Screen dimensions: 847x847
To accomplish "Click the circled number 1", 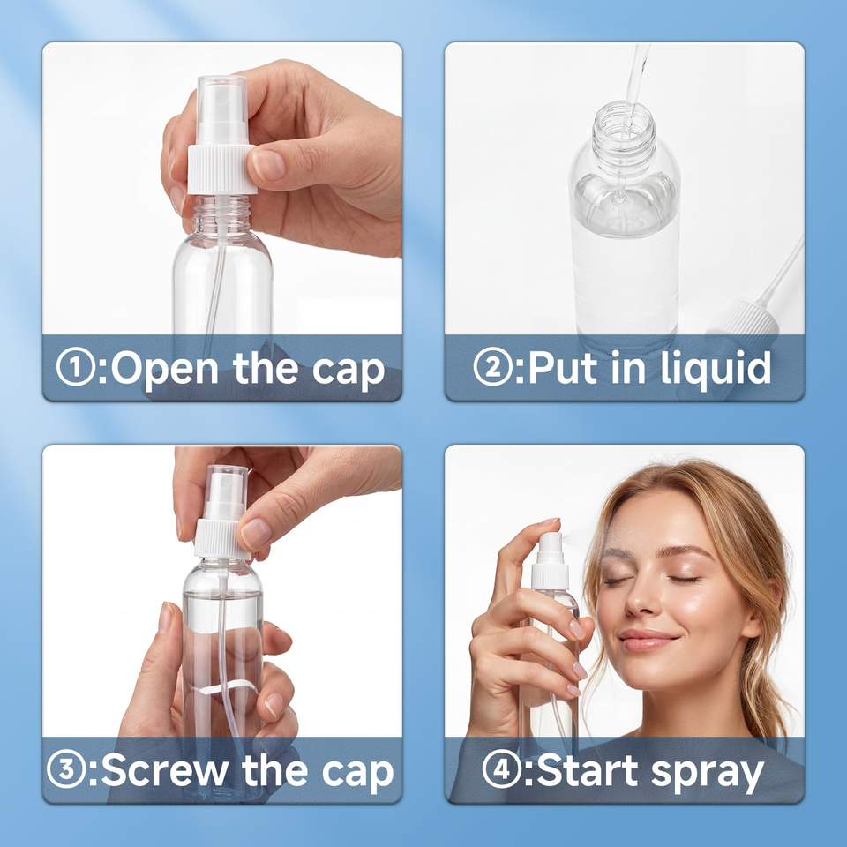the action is tap(76, 367).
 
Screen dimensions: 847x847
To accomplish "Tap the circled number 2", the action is tap(492, 367).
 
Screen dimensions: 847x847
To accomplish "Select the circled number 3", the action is tap(66, 769).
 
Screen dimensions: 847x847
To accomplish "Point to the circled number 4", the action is tap(502, 769).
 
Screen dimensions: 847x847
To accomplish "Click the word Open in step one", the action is tap(164, 370).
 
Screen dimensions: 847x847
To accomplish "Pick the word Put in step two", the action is tap(562, 367).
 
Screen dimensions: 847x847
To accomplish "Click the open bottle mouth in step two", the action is tap(624, 115).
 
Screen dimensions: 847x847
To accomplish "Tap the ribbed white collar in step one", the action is tap(221, 169).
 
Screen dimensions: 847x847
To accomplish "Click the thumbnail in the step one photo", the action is tap(268, 165).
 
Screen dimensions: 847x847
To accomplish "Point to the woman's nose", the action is tap(641, 598).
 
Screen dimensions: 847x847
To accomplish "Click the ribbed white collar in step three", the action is tap(221, 539).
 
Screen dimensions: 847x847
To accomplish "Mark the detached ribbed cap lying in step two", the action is tap(746, 319).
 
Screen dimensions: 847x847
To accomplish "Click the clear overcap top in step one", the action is tap(222, 108).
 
